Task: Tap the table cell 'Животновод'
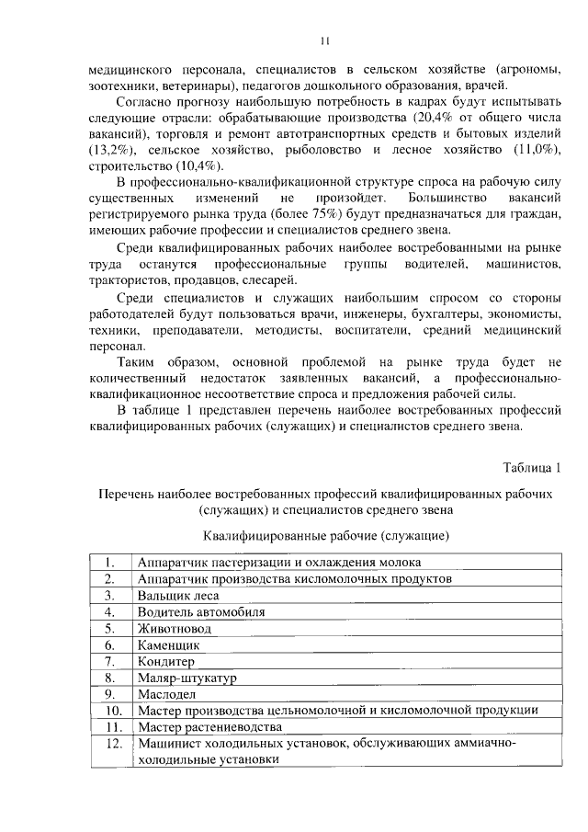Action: click(x=174, y=628)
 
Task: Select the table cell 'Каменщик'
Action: click(x=168, y=644)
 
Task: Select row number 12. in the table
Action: click(x=111, y=744)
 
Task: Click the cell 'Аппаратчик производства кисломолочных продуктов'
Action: click(x=294, y=578)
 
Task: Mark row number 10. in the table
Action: click(x=111, y=711)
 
